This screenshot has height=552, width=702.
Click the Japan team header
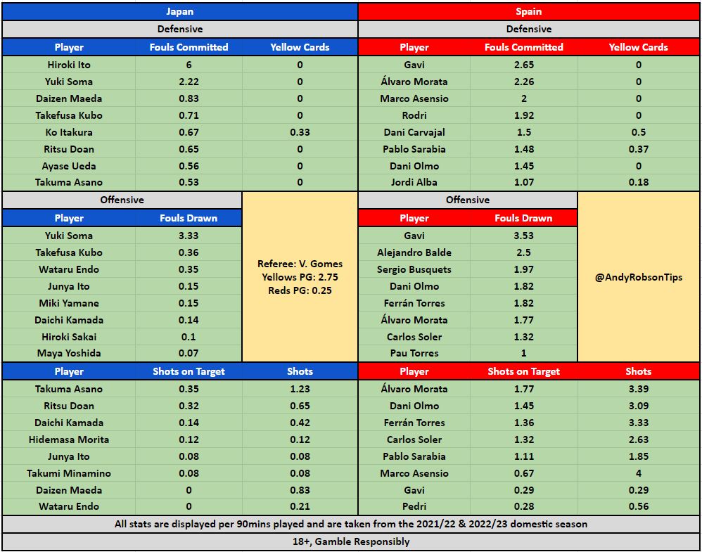click(x=179, y=11)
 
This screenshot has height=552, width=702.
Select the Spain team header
click(x=529, y=11)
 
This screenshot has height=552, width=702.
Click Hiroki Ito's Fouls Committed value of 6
click(x=189, y=65)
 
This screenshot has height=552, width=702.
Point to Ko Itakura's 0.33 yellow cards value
click(x=300, y=132)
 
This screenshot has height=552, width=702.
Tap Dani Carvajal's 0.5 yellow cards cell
click(x=639, y=132)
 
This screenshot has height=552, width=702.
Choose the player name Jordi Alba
click(x=414, y=183)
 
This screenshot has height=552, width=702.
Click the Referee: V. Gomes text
click(x=300, y=264)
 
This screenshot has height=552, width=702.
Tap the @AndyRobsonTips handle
click(x=639, y=278)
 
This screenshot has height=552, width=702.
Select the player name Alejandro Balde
click(x=414, y=252)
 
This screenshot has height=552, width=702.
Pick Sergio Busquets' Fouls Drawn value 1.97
click(x=524, y=269)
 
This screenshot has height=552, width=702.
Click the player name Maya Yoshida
click(x=68, y=353)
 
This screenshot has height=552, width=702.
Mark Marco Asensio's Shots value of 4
click(x=639, y=473)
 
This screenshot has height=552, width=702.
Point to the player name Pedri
click(x=414, y=506)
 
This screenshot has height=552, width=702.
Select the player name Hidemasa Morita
click(x=68, y=439)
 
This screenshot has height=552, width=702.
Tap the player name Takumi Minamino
click(x=68, y=473)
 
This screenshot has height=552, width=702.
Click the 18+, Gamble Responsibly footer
click(x=351, y=541)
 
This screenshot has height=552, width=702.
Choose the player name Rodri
click(x=414, y=115)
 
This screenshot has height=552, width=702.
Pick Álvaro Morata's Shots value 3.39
click(x=639, y=389)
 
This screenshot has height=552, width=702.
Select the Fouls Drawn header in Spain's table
click(x=524, y=218)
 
